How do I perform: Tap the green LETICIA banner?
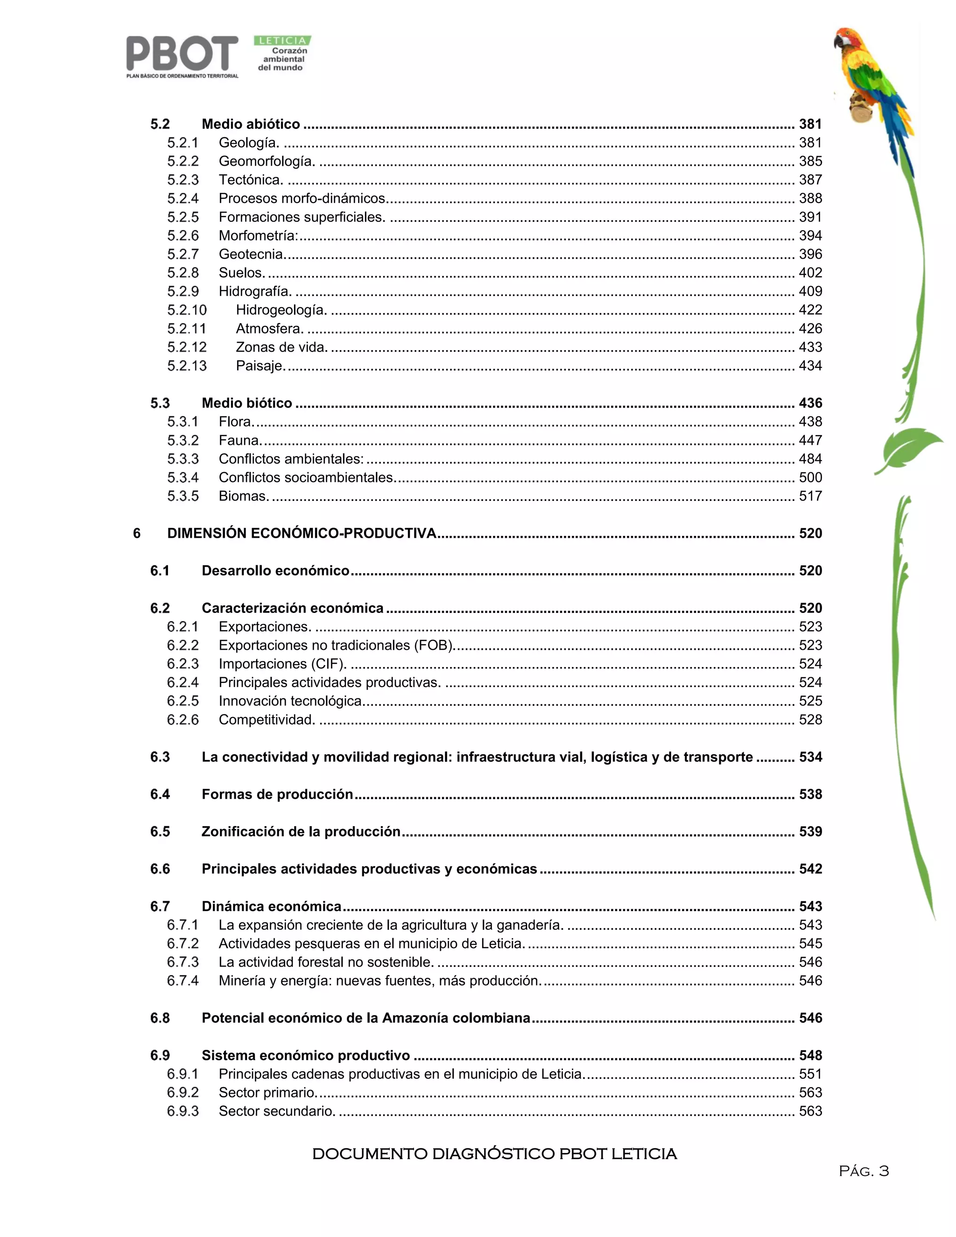(x=282, y=41)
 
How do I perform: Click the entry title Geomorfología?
(x=267, y=162)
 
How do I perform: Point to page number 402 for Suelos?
(x=810, y=273)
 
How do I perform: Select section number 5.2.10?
(x=187, y=310)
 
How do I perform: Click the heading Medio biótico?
(x=247, y=403)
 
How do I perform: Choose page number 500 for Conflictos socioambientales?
(x=810, y=478)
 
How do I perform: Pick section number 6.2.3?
(x=183, y=664)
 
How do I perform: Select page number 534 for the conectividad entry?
(x=810, y=757)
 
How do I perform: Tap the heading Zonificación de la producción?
(x=301, y=832)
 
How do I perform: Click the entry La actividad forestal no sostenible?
(x=326, y=963)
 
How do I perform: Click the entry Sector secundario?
(x=277, y=1111)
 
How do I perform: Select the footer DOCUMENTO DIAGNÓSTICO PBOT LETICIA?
(x=494, y=1154)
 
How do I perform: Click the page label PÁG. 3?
(x=864, y=1171)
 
